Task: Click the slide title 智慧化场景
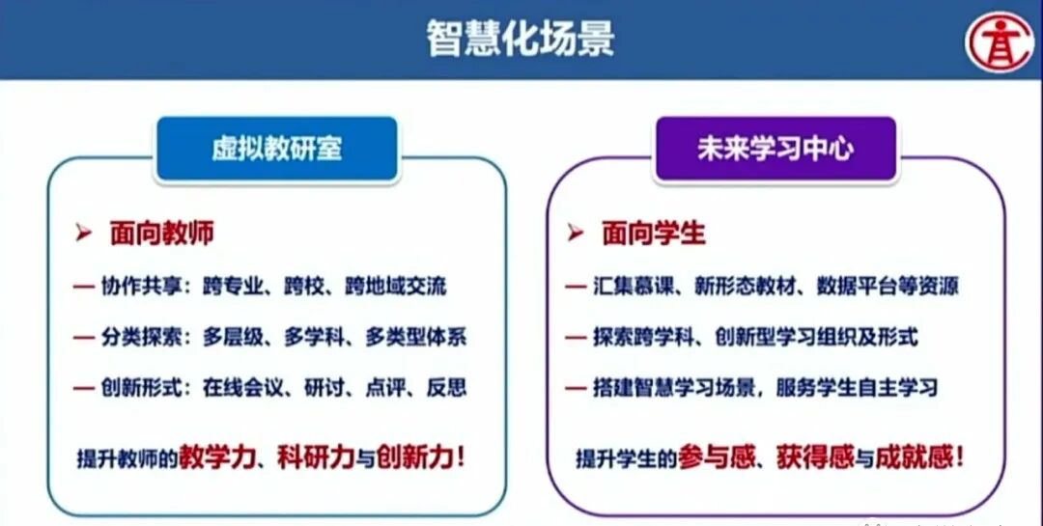pos(521,40)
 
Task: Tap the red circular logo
pos(1000,40)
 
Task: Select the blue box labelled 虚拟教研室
pos(277,149)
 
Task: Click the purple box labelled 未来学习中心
pos(775,149)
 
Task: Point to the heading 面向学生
pos(654,234)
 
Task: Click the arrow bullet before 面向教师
pos(84,234)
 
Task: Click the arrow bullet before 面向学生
pos(576,234)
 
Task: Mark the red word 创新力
pos(413,456)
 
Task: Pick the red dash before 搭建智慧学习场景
pos(576,389)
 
